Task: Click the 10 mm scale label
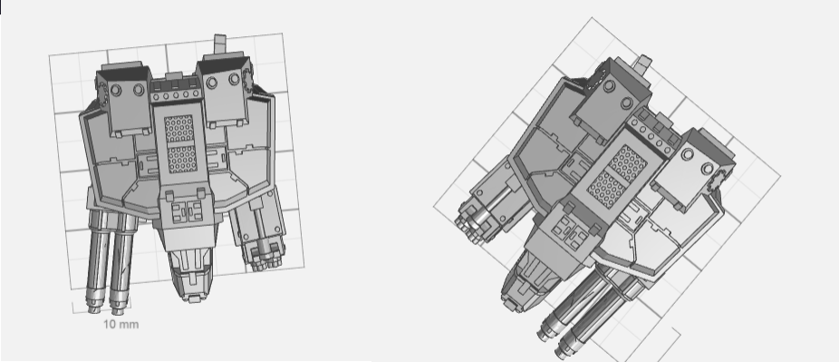click(x=121, y=324)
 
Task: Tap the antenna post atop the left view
click(x=220, y=44)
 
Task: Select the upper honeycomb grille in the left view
click(x=178, y=129)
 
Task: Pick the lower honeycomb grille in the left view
click(x=182, y=159)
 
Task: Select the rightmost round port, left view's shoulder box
click(x=234, y=79)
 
